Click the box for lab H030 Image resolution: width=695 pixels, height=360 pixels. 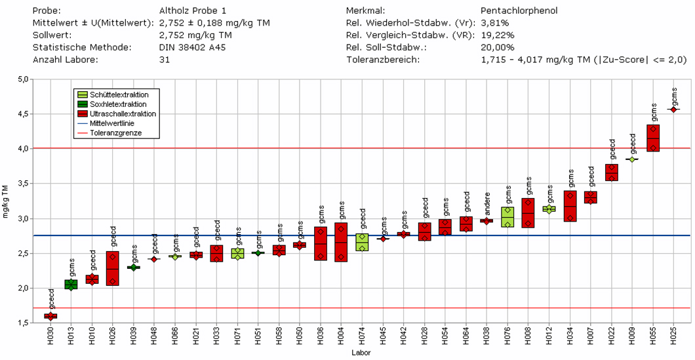[x=50, y=316]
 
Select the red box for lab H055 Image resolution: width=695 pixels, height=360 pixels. [x=653, y=138]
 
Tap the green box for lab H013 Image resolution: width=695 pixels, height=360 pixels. [x=71, y=284]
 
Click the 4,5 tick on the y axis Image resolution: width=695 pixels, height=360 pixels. [x=24, y=114]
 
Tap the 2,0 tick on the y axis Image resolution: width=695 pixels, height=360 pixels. [x=24, y=289]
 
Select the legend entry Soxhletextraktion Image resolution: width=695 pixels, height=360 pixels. [x=118, y=104]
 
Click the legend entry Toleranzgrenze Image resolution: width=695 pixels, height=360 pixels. [x=115, y=132]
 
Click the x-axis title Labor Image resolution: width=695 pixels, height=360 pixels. [x=361, y=353]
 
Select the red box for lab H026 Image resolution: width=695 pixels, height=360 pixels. [x=112, y=268]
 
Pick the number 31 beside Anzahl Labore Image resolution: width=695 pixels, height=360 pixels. [x=165, y=59]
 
